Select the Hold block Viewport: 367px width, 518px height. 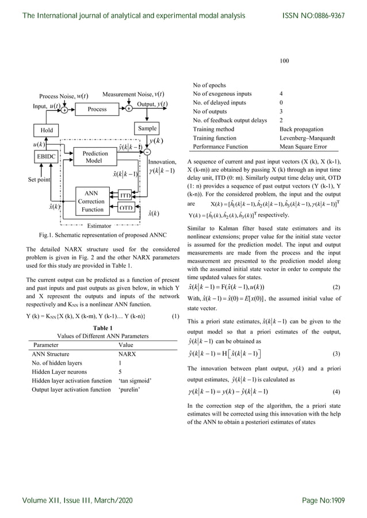tap(46, 130)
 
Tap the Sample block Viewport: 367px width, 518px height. tap(146, 129)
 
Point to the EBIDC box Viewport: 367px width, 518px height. tap(46, 156)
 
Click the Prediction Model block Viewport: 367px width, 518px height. tap(94, 157)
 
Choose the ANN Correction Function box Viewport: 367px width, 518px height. tap(91, 202)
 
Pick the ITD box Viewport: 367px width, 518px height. tap(125, 196)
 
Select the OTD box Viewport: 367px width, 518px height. tap(125, 208)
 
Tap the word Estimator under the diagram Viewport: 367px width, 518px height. tap(99, 226)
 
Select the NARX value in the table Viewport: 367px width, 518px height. tap(127, 354)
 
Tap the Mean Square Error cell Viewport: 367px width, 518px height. tap(299, 146)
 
